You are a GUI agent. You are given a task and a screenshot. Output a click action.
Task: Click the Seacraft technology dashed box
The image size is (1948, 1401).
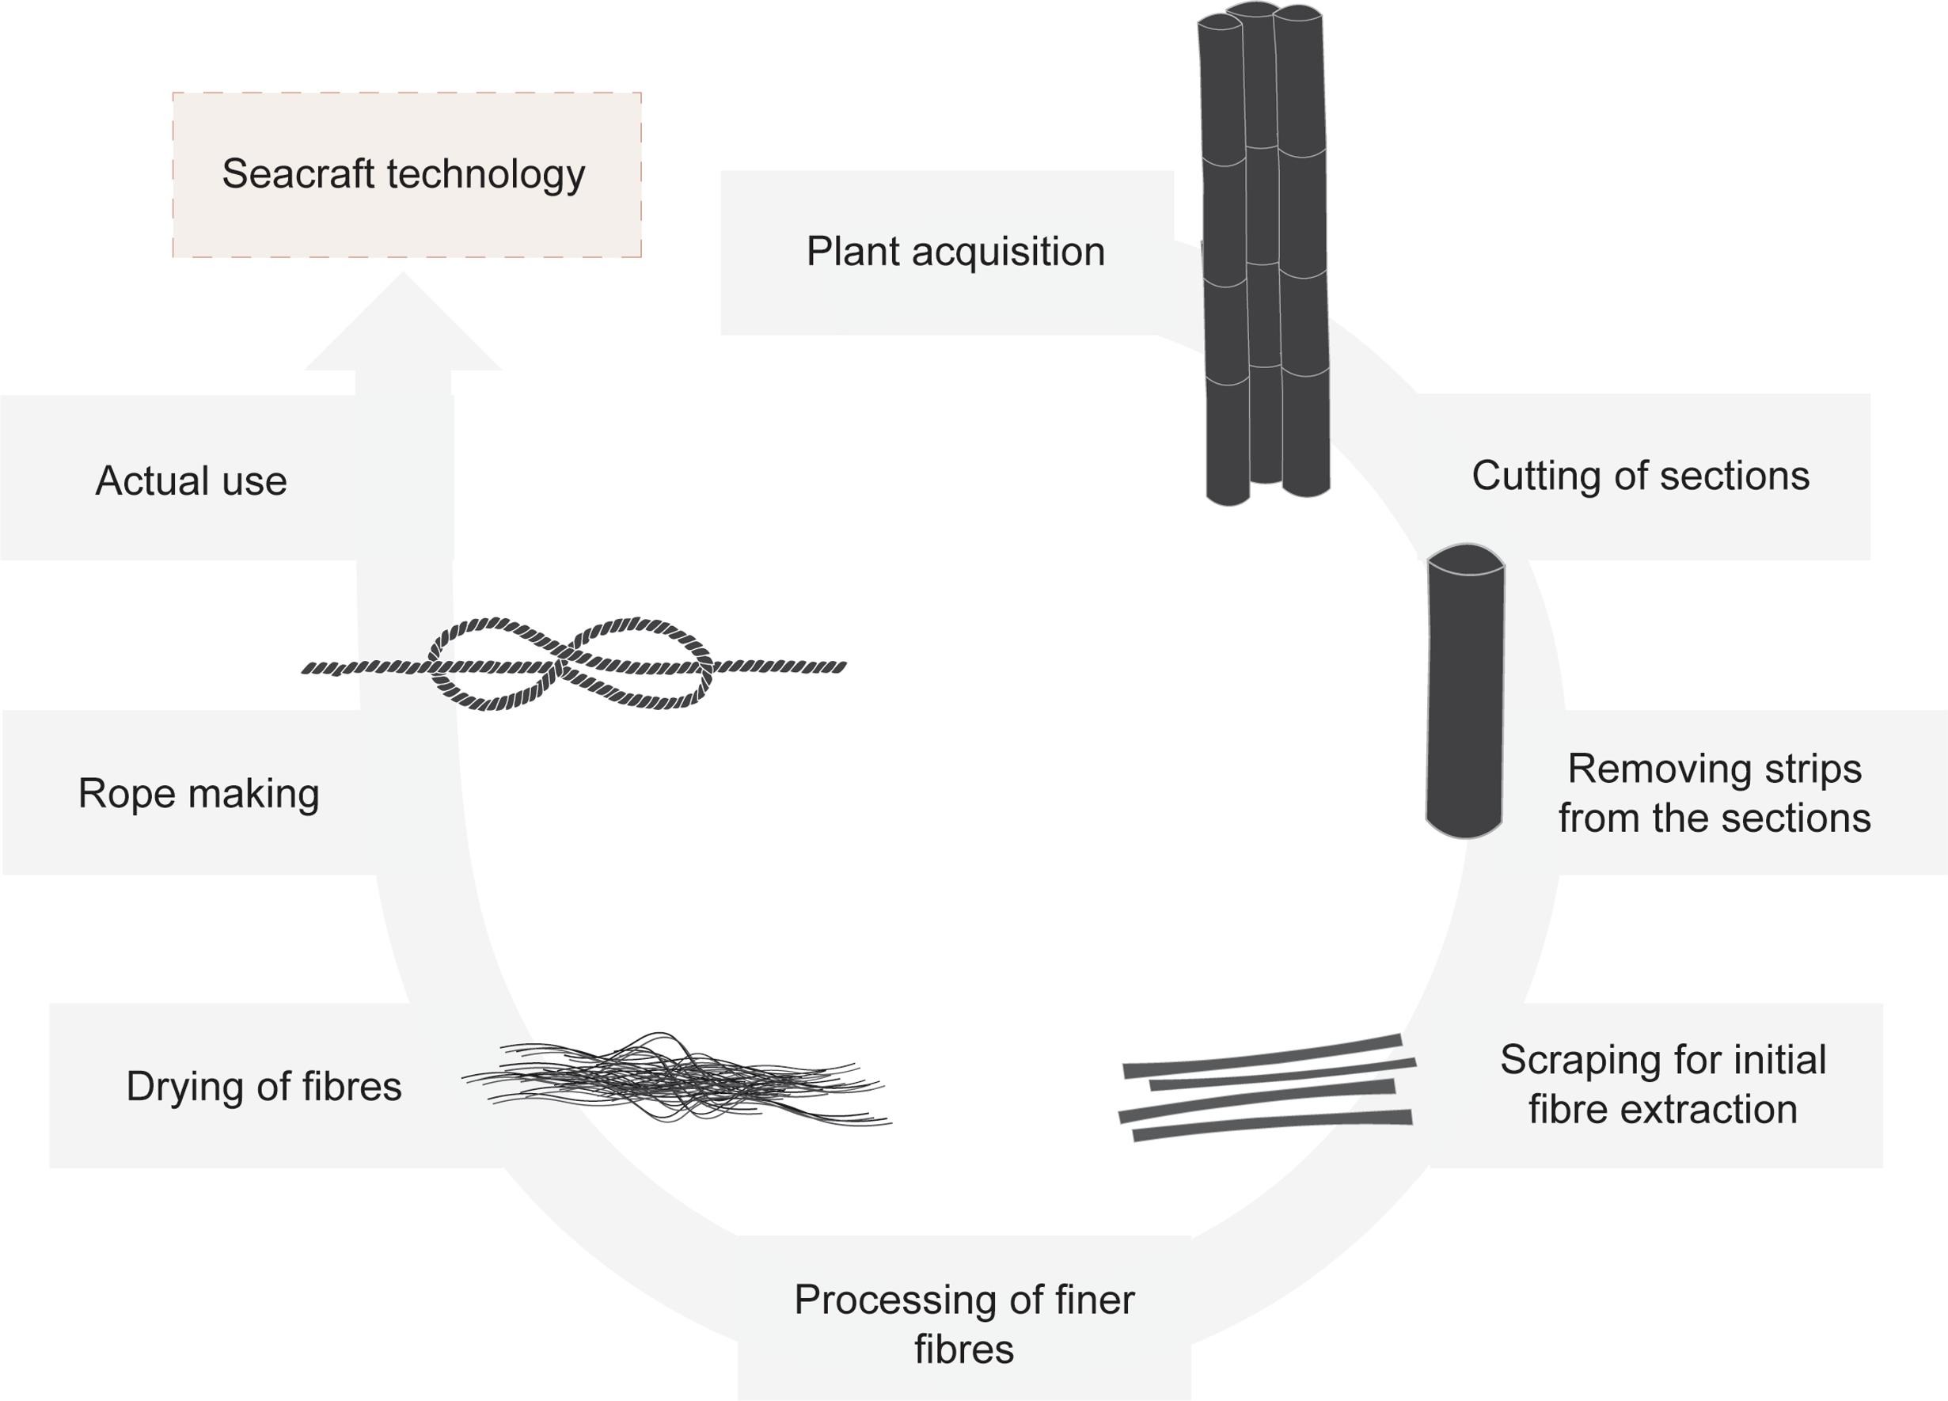[406, 174]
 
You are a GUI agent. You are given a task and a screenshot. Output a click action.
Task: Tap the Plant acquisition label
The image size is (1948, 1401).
[955, 252]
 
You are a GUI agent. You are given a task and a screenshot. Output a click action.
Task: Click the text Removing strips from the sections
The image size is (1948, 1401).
[1714, 792]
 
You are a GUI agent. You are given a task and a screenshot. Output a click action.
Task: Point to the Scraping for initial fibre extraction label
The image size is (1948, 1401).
[1662, 1084]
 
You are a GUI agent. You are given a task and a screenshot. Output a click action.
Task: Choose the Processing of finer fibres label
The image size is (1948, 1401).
[963, 1323]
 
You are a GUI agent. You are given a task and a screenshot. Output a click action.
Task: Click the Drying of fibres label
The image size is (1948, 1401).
[264, 1086]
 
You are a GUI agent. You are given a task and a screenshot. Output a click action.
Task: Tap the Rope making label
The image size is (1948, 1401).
[199, 792]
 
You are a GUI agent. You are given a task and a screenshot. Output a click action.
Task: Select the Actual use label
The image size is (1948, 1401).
[191, 480]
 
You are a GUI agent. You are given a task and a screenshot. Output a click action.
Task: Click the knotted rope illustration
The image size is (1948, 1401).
[573, 664]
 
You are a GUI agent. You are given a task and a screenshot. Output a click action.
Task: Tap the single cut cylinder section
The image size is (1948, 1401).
[1464, 696]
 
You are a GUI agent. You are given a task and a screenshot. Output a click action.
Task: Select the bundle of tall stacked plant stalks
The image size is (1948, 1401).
[1264, 258]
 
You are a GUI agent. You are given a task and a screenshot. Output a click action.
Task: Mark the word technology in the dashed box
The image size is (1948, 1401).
[486, 174]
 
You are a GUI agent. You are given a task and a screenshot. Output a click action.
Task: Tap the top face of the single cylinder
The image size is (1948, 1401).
[1465, 558]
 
